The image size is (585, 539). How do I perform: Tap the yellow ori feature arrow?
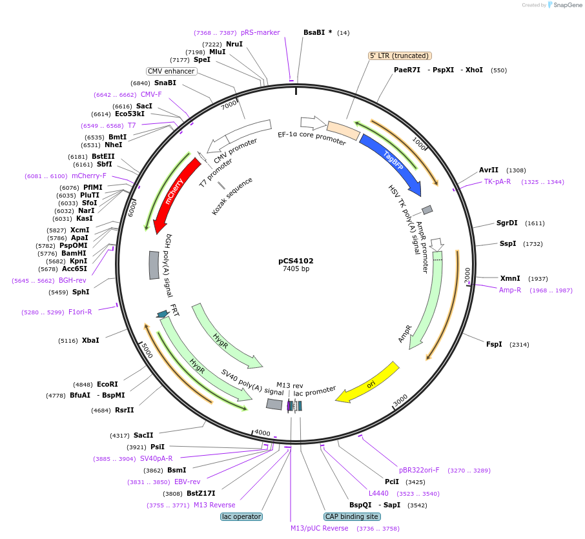click(x=369, y=385)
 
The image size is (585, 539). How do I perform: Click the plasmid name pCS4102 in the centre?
click(x=296, y=261)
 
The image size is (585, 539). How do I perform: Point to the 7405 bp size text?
click(x=296, y=269)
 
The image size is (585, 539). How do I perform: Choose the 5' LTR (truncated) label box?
click(x=400, y=56)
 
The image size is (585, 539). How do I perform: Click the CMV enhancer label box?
click(x=171, y=71)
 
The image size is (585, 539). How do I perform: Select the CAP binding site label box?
click(x=351, y=516)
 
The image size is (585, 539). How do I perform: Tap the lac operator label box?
click(x=241, y=516)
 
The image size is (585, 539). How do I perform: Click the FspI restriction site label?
click(x=494, y=344)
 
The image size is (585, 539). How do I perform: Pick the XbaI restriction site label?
click(x=90, y=340)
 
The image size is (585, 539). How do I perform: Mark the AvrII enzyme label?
click(x=489, y=170)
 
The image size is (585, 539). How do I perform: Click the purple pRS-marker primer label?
click(x=260, y=32)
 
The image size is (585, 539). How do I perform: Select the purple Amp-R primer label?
click(x=510, y=290)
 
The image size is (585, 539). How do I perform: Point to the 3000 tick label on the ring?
click(x=400, y=401)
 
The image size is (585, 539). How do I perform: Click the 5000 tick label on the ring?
click(x=147, y=352)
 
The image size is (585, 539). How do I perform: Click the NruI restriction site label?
click(x=234, y=44)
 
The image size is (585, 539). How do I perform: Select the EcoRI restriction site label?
click(x=107, y=384)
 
